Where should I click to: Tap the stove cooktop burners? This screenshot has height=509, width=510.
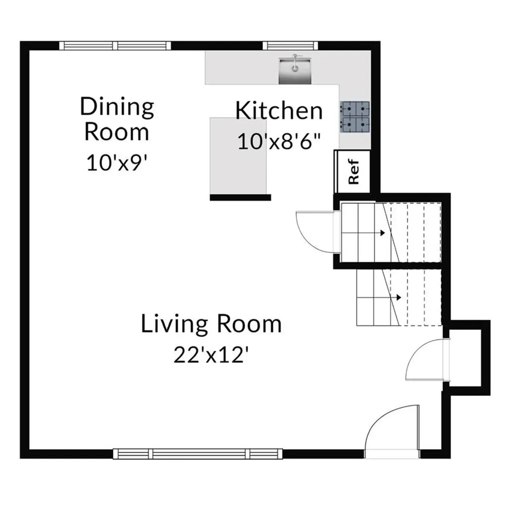coord(355,117)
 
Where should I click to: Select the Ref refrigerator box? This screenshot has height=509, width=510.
coord(352,171)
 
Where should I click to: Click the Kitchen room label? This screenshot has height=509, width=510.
coord(279,111)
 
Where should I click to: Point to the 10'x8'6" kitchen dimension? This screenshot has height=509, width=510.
coord(279,141)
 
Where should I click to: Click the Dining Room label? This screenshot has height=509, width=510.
coord(117,119)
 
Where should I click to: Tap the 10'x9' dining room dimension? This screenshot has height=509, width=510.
coord(115,162)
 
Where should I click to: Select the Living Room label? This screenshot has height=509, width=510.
coord(211,324)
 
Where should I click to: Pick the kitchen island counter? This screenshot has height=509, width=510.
coord(239,156)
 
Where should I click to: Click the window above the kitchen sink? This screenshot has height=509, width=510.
coord(290,45)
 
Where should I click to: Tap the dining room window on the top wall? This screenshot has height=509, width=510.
coord(115,45)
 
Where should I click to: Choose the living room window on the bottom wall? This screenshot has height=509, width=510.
coord(198,454)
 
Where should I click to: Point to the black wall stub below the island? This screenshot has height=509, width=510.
coord(241,197)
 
